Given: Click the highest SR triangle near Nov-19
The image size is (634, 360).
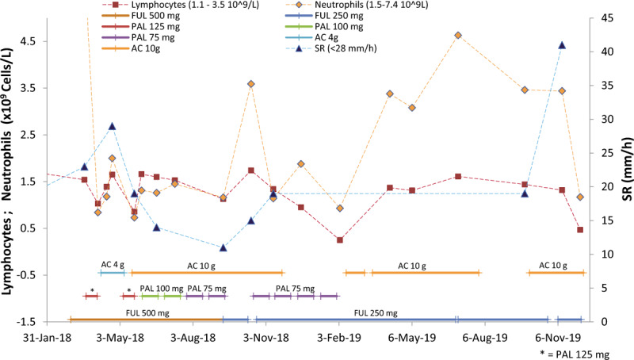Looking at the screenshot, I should coord(562,45).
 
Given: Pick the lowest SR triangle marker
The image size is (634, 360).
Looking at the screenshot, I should coord(223,247).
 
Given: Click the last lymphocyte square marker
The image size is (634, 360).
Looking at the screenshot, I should coord(580,230).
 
